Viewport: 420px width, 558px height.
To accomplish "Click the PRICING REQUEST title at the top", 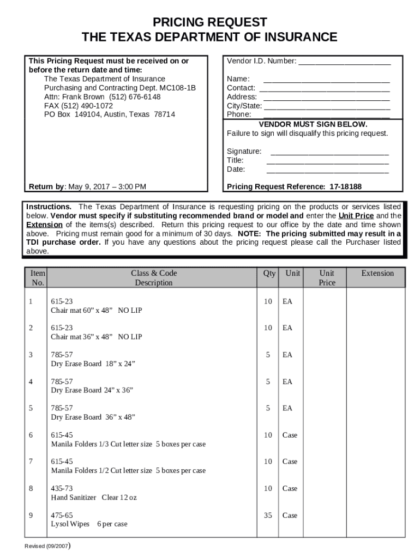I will [x=209, y=22].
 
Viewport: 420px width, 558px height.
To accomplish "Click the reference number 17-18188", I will [x=345, y=187].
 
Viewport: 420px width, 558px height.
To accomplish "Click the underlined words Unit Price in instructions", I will [x=356, y=216].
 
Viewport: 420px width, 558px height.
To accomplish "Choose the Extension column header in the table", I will [x=377, y=274].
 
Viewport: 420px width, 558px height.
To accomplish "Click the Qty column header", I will [x=269, y=274].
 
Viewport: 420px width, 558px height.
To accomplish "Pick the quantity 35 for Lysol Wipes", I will [x=268, y=515].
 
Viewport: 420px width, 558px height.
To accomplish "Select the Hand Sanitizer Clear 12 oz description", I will [x=94, y=498].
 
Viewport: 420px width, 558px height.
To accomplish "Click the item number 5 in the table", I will [x=31, y=408].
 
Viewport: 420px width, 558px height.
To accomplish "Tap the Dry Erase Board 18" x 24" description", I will [x=93, y=363].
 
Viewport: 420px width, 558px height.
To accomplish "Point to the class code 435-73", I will [x=62, y=488].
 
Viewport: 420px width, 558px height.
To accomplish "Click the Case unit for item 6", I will [x=290, y=435].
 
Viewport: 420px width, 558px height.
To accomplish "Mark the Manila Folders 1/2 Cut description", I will [x=128, y=470].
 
